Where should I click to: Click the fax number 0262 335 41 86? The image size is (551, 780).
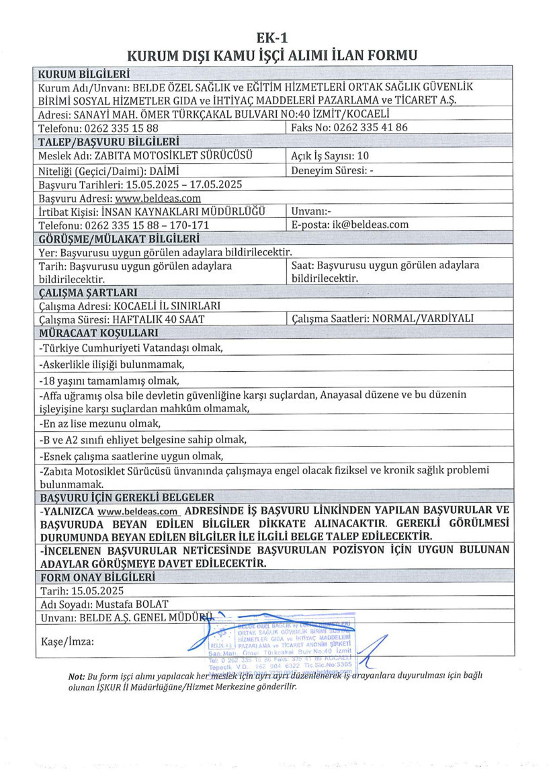click(365, 127)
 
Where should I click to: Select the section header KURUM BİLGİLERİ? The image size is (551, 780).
click(85, 73)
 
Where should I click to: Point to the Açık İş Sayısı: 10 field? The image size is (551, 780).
click(330, 155)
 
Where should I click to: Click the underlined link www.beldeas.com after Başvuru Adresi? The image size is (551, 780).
click(158, 198)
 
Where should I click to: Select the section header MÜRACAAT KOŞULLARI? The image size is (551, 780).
click(99, 333)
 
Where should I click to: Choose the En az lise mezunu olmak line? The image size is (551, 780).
click(100, 424)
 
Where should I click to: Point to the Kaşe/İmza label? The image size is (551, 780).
click(67, 641)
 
